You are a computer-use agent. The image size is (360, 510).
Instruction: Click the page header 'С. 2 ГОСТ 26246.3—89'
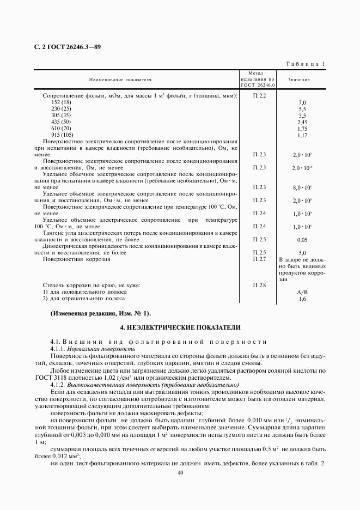pyautogui.click(x=67, y=47)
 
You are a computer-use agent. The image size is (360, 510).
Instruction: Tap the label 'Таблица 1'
pyautogui.click(x=306, y=64)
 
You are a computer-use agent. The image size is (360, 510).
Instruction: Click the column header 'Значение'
pyautogui.click(x=300, y=80)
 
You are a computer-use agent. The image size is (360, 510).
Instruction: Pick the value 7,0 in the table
pyautogui.click(x=302, y=102)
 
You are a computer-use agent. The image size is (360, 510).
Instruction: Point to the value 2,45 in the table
pyautogui.click(x=302, y=122)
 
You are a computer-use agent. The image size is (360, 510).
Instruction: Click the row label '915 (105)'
pyautogui.click(x=62, y=135)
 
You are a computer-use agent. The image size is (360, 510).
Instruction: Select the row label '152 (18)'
pyautogui.click(x=61, y=102)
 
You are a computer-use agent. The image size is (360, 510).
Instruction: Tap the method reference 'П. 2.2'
pyautogui.click(x=259, y=96)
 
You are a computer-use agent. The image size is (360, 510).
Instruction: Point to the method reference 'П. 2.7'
pyautogui.click(x=259, y=259)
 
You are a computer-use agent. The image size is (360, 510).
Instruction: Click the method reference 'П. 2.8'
pyautogui.click(x=259, y=285)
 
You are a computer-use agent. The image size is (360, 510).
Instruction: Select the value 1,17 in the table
pyautogui.click(x=302, y=135)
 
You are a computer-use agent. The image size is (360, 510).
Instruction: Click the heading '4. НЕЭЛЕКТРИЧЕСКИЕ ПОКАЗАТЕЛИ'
pyautogui.click(x=180, y=327)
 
